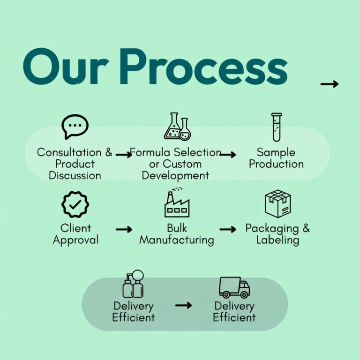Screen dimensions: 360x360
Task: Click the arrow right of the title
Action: click(329, 84)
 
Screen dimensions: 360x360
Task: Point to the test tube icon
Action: click(277, 127)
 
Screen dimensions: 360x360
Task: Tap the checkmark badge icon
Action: click(75, 204)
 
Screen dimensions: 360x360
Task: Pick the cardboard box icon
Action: click(277, 204)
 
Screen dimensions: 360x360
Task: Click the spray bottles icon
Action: click(133, 285)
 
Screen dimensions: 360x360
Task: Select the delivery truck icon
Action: click(234, 287)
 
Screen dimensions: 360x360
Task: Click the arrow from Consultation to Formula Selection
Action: click(124, 154)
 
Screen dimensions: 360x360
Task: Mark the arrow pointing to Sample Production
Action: click(228, 154)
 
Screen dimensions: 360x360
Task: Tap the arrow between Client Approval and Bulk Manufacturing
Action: click(124, 229)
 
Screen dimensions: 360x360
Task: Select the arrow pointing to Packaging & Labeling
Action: click(228, 229)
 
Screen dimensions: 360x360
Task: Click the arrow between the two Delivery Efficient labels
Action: click(183, 305)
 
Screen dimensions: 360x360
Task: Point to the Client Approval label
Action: click(75, 234)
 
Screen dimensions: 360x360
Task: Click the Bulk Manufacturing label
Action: click(177, 234)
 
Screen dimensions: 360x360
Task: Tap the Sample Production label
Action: click(276, 158)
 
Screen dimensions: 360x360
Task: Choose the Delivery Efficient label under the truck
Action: click(234, 311)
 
